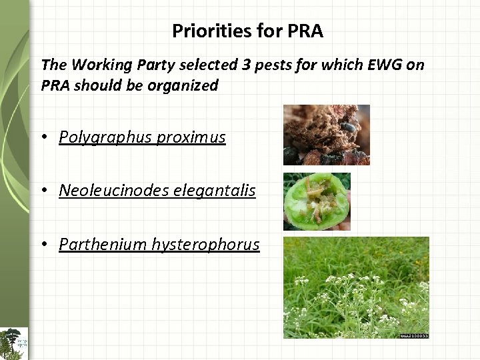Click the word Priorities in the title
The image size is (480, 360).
(201, 31)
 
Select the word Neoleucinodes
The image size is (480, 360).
(113, 191)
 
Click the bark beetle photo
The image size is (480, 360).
(326, 135)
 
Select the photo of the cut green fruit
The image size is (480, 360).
(317, 201)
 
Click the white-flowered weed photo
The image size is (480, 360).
(356, 287)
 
